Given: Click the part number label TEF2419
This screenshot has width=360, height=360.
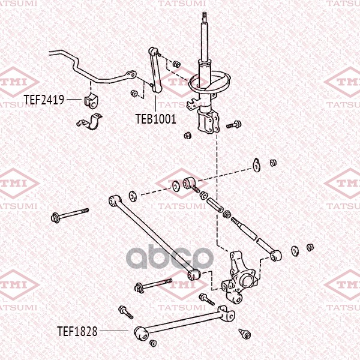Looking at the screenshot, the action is coord(44,100).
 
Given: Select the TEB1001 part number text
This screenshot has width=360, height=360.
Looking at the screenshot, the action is coord(156,119).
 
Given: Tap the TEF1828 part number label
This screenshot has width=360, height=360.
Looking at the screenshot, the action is coord(77,331).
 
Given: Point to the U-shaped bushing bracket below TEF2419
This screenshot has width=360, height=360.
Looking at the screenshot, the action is coord(89,122).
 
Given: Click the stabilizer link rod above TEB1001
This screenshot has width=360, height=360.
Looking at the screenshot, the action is coord(155,70).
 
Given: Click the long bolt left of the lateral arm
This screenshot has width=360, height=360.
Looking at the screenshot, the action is coord(70,214).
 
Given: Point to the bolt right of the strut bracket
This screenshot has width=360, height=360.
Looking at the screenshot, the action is coord(234,124).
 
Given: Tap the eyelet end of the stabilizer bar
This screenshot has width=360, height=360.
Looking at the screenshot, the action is coord(130,75).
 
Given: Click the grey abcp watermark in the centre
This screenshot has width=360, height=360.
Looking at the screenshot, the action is coord(170,257).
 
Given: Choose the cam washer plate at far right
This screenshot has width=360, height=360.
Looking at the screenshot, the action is coord(256,164).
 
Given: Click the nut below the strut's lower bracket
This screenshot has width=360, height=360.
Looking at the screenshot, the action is coord(188,136).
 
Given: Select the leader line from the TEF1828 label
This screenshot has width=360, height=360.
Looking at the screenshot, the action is coord(114,331).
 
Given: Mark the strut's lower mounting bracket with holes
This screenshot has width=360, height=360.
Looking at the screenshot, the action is coord(208,121).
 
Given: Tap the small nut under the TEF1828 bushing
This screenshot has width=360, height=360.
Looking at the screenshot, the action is coord(153,343).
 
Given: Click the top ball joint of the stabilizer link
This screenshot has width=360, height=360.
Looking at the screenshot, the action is coord(153,51).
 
